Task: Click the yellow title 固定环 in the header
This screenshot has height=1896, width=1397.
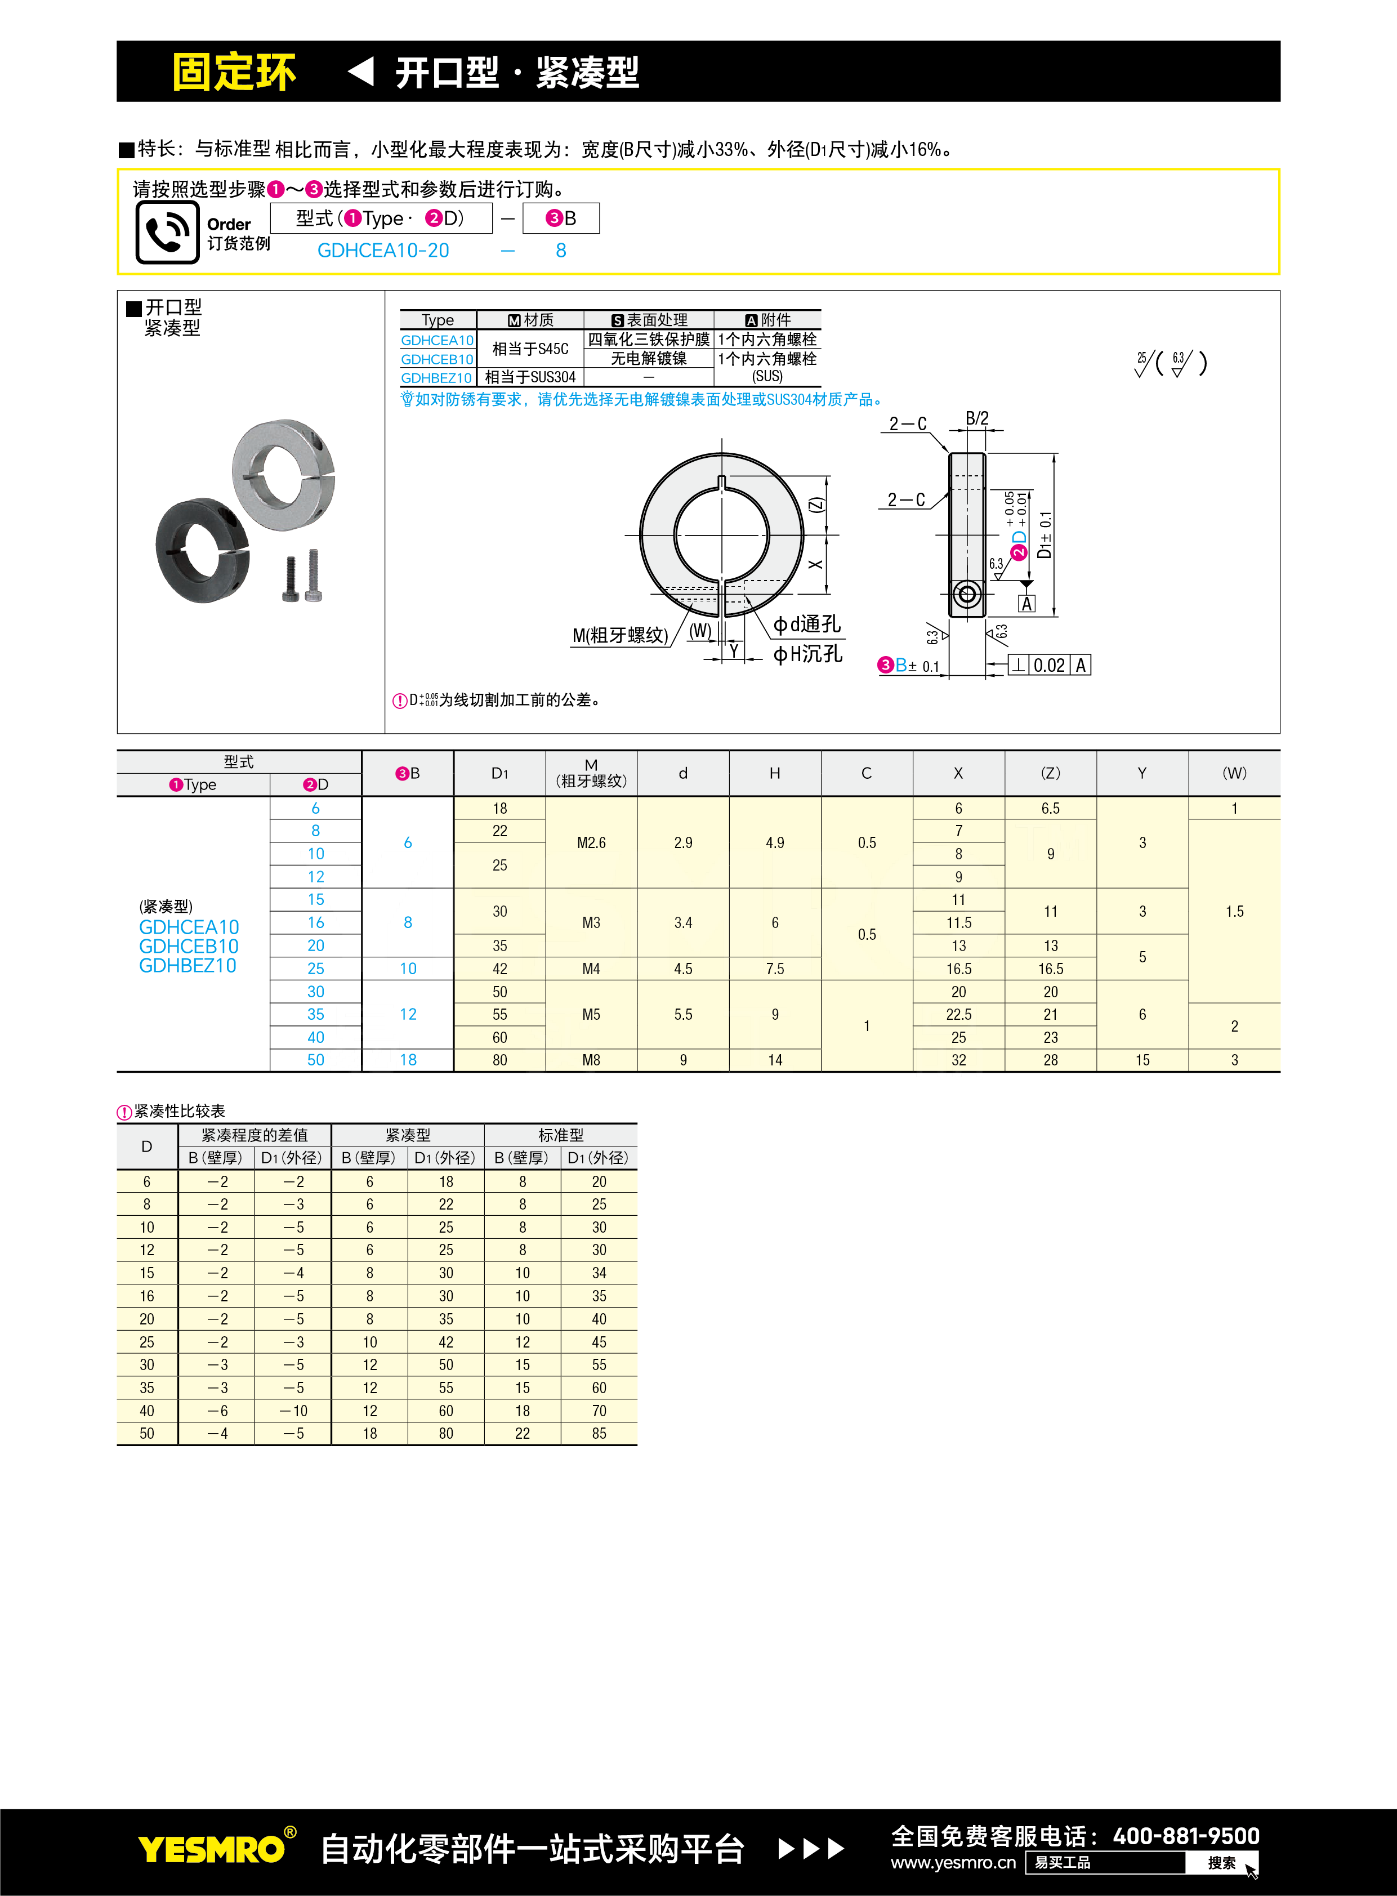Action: point(234,72)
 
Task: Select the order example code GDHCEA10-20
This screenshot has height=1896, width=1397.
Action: point(383,251)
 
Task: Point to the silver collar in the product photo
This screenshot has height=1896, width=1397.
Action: point(283,474)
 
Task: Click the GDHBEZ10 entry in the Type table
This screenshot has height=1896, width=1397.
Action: point(436,378)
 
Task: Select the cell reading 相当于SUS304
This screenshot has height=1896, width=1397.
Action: point(530,377)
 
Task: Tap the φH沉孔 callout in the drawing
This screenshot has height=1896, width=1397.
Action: point(807,654)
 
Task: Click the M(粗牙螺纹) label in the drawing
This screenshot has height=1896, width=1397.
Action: point(620,635)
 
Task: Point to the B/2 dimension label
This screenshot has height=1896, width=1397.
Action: point(977,418)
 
